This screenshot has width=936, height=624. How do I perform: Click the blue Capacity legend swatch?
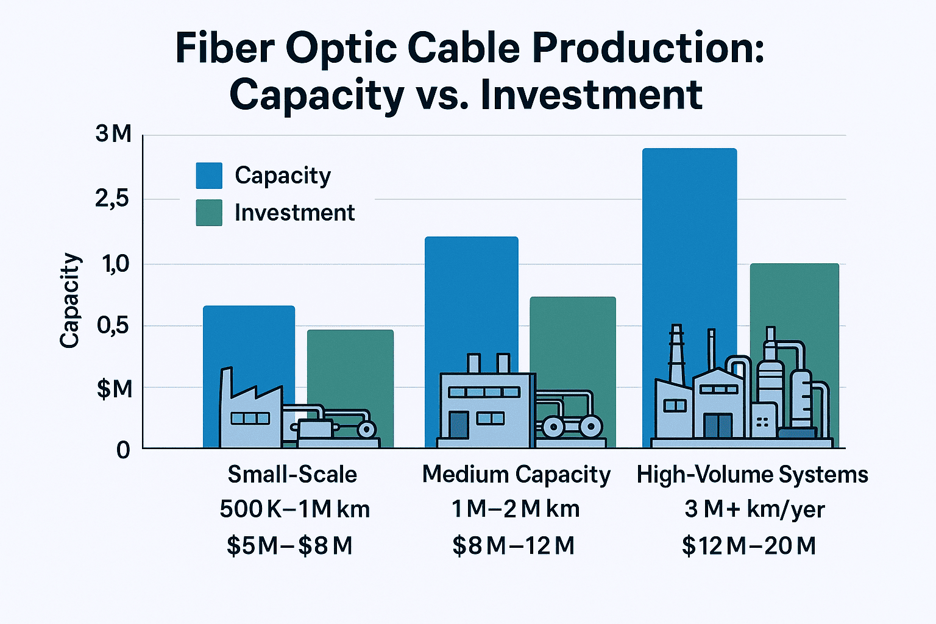(x=208, y=175)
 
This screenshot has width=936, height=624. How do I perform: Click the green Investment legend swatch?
(x=208, y=213)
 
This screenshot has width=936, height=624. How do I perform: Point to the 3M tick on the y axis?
(x=113, y=134)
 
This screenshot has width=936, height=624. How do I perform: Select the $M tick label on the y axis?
(x=114, y=388)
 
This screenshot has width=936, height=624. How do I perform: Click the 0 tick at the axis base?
(x=123, y=450)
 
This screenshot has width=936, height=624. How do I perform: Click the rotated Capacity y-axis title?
(x=71, y=300)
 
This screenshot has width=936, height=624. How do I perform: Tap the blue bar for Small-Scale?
(x=249, y=341)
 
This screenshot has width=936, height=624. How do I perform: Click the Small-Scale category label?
(x=292, y=474)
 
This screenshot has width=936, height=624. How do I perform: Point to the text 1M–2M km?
(x=516, y=509)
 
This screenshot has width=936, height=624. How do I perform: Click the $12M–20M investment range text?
(x=749, y=545)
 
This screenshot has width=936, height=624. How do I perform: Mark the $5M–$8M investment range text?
(x=289, y=545)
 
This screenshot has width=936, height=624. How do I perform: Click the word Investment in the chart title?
(x=591, y=95)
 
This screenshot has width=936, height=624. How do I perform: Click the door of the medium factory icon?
(x=458, y=425)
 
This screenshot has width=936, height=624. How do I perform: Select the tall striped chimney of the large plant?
(x=676, y=353)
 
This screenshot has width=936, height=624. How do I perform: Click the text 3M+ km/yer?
(x=754, y=509)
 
